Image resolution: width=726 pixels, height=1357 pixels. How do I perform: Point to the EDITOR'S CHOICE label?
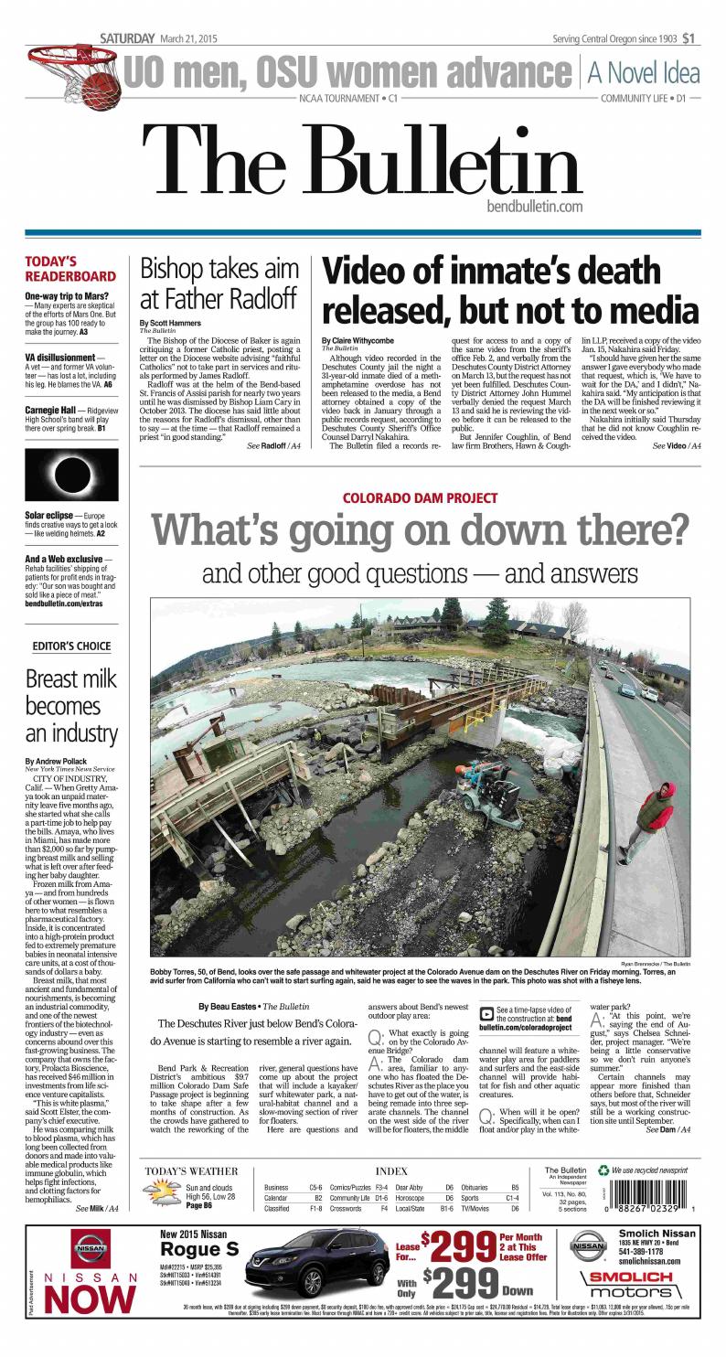click(x=71, y=646)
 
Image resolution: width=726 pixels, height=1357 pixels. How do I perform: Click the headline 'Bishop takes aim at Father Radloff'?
click(x=219, y=283)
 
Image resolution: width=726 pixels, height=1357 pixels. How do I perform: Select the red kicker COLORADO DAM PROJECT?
click(x=420, y=498)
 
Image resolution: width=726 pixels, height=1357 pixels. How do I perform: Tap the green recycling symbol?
click(x=603, y=1170)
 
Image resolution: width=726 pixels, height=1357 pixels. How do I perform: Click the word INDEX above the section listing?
click(x=390, y=1170)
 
